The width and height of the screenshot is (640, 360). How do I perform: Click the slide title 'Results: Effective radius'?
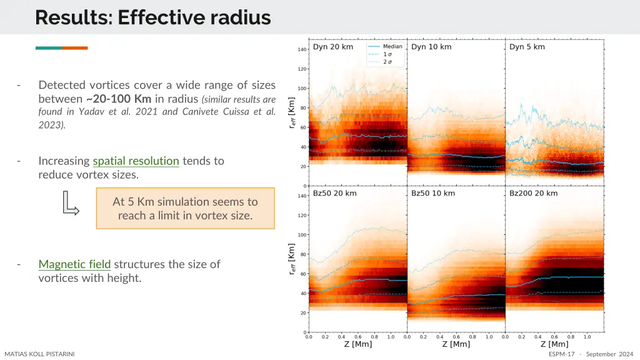click(152, 17)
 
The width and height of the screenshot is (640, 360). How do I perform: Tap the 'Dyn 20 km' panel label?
click(332, 47)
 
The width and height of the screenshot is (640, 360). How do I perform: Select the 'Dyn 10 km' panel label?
click(431, 47)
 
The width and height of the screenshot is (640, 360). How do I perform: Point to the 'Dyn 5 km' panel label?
click(527, 47)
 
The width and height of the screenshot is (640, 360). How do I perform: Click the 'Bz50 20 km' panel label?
click(334, 193)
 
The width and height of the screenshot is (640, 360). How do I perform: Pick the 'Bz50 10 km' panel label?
click(432, 193)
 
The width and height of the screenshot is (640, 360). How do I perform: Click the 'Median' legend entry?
click(392, 47)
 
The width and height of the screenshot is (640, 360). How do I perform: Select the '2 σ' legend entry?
click(387, 61)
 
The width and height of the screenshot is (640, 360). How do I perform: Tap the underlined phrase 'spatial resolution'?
click(136, 161)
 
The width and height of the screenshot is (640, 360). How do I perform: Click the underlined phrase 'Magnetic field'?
click(74, 264)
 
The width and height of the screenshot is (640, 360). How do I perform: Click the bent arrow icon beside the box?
click(71, 204)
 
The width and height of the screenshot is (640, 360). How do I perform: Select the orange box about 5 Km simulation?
click(185, 209)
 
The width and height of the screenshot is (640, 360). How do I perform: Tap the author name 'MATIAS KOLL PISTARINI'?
click(39, 354)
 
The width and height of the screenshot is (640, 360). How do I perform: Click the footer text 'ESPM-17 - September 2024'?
click(591, 354)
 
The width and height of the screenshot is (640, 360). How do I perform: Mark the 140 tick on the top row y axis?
click(302, 49)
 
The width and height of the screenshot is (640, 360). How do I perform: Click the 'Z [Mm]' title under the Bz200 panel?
click(554, 344)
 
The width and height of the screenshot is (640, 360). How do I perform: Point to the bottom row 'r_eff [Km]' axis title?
click(291, 261)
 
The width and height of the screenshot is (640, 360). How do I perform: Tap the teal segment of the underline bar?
click(49, 47)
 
